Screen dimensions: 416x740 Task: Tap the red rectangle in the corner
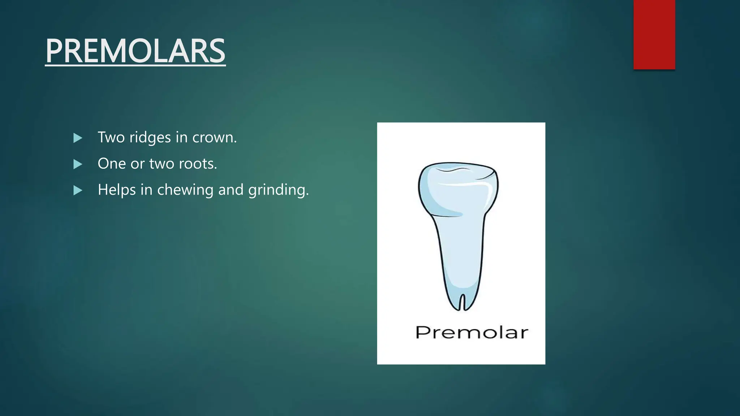pos(654,34)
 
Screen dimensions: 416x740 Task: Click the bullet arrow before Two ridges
pos(78,138)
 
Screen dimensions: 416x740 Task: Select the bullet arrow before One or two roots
pos(78,164)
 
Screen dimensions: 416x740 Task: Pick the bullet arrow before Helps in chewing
pos(78,190)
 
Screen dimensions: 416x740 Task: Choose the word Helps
pos(115,190)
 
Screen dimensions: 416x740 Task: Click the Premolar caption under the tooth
pos(472,333)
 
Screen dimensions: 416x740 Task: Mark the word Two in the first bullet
pos(111,138)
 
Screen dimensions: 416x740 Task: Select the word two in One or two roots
pos(162,164)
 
